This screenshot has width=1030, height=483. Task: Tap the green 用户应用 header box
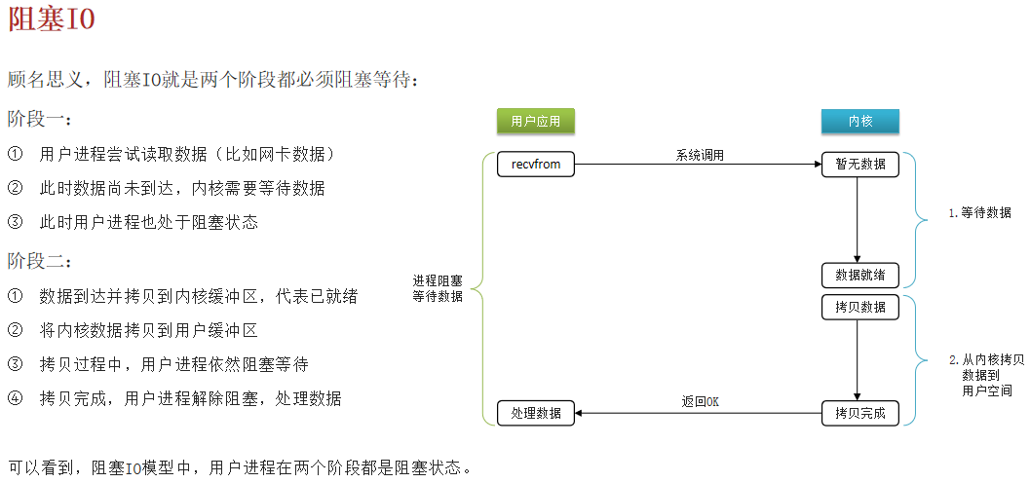536,121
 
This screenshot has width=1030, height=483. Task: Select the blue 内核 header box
859,121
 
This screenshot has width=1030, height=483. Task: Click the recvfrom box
536,165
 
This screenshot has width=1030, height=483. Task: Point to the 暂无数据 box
859,165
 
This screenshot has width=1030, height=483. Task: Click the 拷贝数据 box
859,307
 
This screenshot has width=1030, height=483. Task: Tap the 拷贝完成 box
859,413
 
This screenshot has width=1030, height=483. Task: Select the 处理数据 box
536,413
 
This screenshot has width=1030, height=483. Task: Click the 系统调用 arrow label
700,155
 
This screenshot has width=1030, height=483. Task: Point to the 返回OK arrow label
700,401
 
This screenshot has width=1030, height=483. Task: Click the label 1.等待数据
979,212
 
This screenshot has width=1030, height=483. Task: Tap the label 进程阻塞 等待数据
438,288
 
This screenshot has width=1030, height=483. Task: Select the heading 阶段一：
40,119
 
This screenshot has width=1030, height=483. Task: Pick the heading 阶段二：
40,261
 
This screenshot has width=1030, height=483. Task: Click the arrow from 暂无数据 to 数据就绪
858,219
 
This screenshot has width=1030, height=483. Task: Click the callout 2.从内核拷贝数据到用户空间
986,375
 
